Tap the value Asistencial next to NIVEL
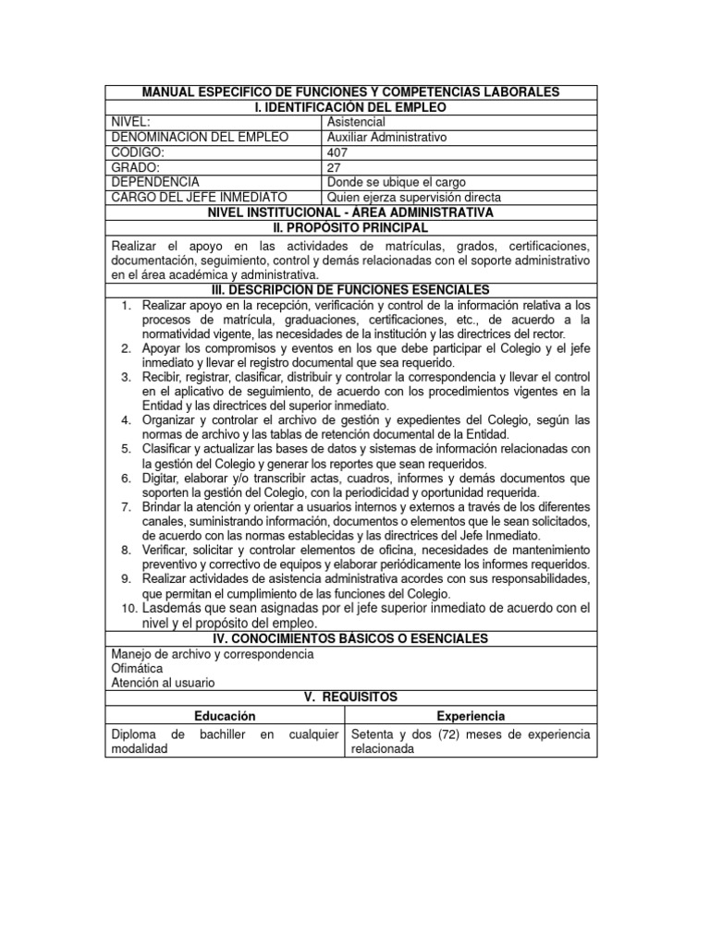356,122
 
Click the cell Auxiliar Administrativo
386,137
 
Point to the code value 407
337,152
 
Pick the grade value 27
334,167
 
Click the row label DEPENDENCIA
154,182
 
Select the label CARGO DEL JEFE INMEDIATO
199,197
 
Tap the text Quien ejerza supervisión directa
414,197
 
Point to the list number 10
129,608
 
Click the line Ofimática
137,668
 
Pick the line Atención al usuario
163,683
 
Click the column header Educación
225,716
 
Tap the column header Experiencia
470,716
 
